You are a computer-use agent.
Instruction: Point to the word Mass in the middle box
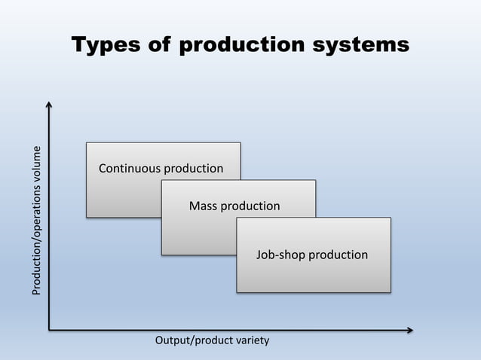tap(202, 206)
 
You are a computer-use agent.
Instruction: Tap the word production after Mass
tap(250, 206)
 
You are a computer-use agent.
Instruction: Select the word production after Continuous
tap(194, 168)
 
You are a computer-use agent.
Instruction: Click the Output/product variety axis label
tap(212, 341)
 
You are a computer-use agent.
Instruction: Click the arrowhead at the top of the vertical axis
tap(49, 105)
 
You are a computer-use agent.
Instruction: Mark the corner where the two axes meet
tap(49, 330)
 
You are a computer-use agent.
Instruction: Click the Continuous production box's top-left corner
tap(86, 142)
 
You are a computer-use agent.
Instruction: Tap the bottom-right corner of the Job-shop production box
tap(391, 292)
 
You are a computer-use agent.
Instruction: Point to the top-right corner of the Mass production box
tap(315, 180)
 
